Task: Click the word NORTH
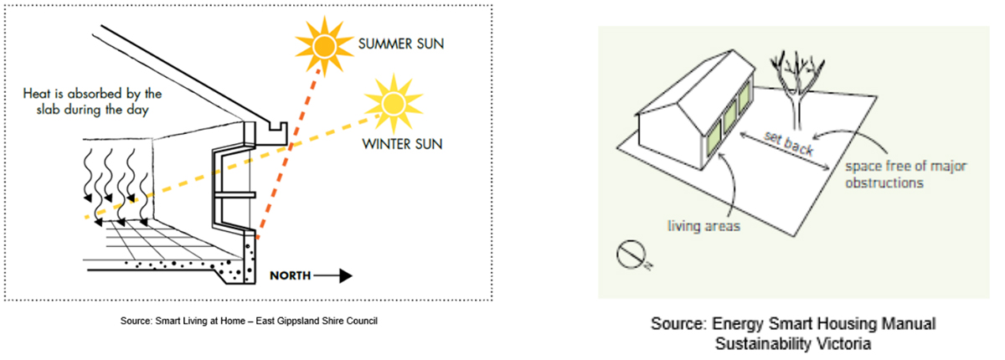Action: (x=292, y=274)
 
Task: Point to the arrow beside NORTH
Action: (x=335, y=274)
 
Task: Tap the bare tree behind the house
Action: (x=791, y=88)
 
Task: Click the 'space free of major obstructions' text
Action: (x=904, y=173)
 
